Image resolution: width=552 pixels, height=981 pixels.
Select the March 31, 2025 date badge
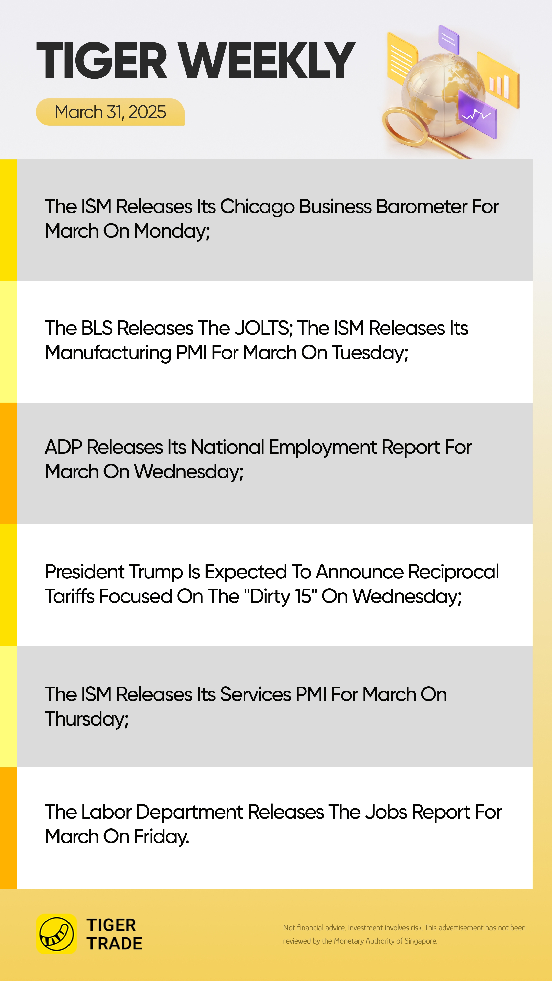click(x=110, y=112)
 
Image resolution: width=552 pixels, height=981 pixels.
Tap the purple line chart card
click(x=478, y=114)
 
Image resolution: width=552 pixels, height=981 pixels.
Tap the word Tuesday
click(x=370, y=353)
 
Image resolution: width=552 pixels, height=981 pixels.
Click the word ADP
click(x=63, y=447)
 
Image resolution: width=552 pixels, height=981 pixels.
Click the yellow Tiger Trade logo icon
click(x=56, y=934)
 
